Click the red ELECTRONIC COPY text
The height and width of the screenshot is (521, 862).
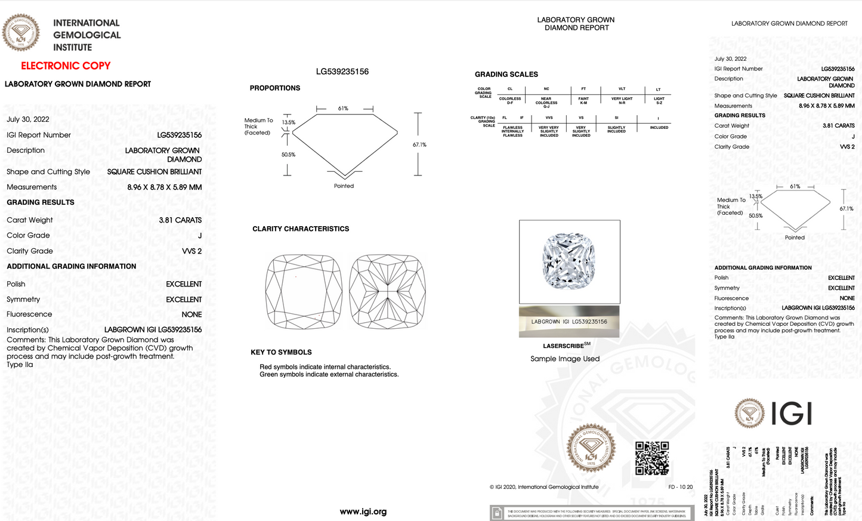66,66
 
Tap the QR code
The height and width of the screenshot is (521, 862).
651,458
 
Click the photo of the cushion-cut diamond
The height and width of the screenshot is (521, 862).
569,261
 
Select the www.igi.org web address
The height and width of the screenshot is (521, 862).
363,511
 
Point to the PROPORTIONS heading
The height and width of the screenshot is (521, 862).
274,88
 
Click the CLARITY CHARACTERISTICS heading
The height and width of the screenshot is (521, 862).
301,229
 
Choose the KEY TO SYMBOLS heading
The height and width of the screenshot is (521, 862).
281,352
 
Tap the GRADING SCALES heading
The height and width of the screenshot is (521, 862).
506,75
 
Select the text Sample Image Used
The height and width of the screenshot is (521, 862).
565,359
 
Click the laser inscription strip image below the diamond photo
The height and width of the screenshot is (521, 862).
569,322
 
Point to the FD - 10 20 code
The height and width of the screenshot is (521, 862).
681,487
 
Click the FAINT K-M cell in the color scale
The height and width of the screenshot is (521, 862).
583,100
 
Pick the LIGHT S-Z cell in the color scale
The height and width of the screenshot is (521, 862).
659,100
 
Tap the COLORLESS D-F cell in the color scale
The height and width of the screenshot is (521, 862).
510,100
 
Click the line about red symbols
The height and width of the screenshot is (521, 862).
325,367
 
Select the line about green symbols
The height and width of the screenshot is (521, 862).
329,375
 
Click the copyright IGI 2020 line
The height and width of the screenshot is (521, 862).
543,487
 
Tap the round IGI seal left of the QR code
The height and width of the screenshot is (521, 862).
591,449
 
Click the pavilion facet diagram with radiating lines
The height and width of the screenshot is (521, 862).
387,291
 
